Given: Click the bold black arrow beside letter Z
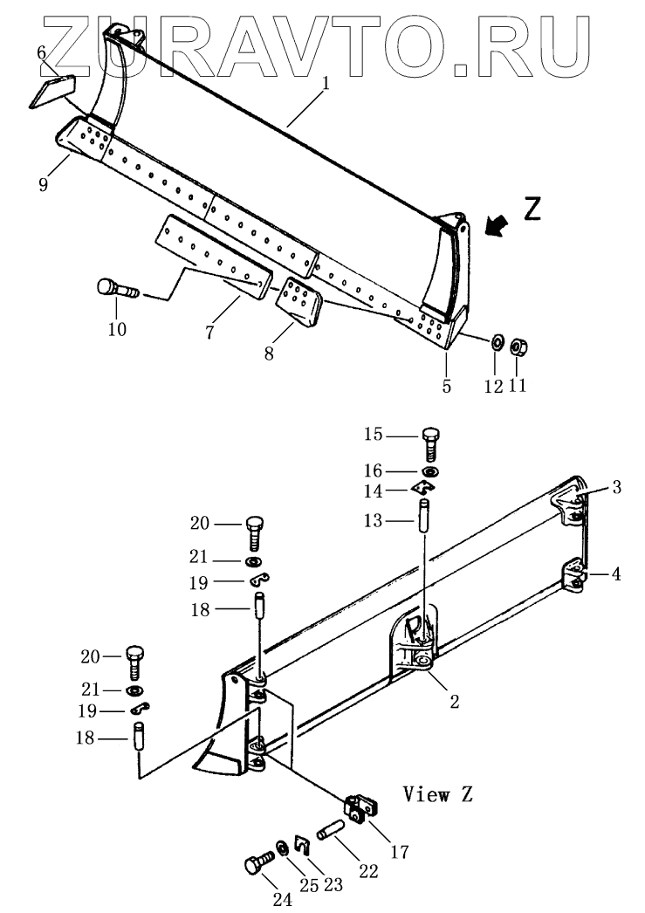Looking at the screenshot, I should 497,226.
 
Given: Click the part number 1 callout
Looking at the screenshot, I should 326,85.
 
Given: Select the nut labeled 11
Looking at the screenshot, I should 517,347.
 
